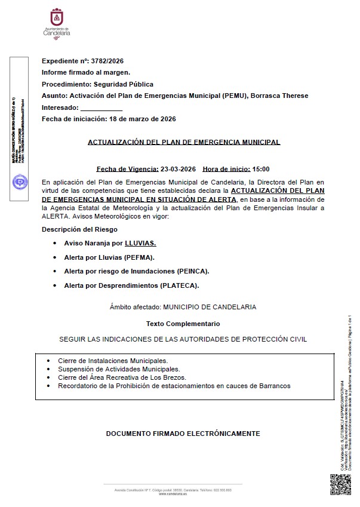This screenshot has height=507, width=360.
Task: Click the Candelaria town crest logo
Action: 57,18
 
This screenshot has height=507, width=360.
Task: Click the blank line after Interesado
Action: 101,108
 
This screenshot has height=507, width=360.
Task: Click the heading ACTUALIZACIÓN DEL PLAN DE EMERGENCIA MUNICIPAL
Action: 184,142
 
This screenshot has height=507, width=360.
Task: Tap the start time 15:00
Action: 261,169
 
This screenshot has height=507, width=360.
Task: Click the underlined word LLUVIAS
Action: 140,244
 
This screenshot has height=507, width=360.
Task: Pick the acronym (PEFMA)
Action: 139,257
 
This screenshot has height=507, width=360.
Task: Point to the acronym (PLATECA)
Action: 180,285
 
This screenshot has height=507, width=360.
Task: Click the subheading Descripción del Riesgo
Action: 79,229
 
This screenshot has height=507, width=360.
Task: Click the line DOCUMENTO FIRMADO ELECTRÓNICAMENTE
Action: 183,433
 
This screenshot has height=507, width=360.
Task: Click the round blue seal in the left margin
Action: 19,182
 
